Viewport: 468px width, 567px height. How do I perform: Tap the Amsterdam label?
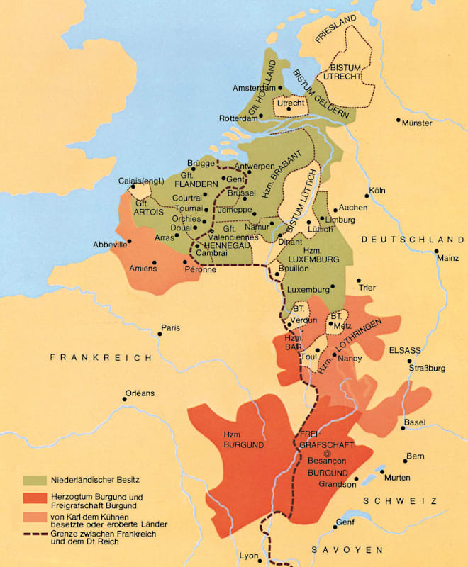click(x=255, y=88)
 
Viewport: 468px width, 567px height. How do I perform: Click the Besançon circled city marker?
click(x=327, y=453)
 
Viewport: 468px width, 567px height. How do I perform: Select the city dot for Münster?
click(x=399, y=119)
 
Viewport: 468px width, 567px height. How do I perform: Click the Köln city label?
click(x=378, y=191)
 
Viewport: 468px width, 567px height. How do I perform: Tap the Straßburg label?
click(x=425, y=368)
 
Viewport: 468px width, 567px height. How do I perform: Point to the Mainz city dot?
click(x=438, y=252)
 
